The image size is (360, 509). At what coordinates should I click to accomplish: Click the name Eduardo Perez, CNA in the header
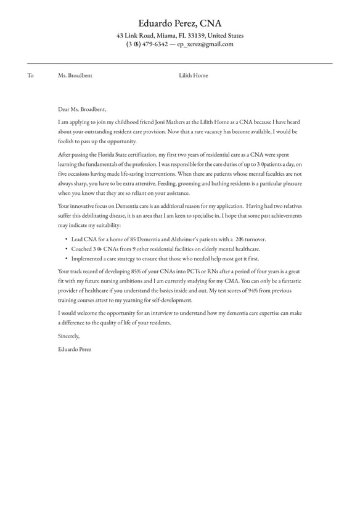point(179,23)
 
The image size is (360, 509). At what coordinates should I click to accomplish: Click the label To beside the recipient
point(30,75)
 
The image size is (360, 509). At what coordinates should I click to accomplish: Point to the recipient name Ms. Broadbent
point(75,75)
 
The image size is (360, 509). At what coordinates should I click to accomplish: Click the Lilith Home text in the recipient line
point(194,75)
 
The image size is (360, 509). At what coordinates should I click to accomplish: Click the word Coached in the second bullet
point(82,249)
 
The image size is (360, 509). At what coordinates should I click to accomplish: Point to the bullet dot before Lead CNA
point(66,239)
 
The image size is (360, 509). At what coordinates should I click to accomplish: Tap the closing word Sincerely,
point(69,336)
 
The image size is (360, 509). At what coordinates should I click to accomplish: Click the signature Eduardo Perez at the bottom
point(75,349)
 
